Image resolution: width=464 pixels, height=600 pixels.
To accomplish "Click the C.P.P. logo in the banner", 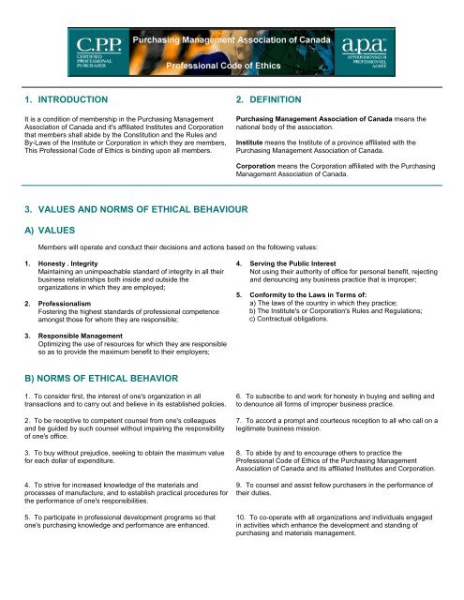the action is coord(96,51).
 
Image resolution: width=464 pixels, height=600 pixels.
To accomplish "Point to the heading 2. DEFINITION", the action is coord(271,98).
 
